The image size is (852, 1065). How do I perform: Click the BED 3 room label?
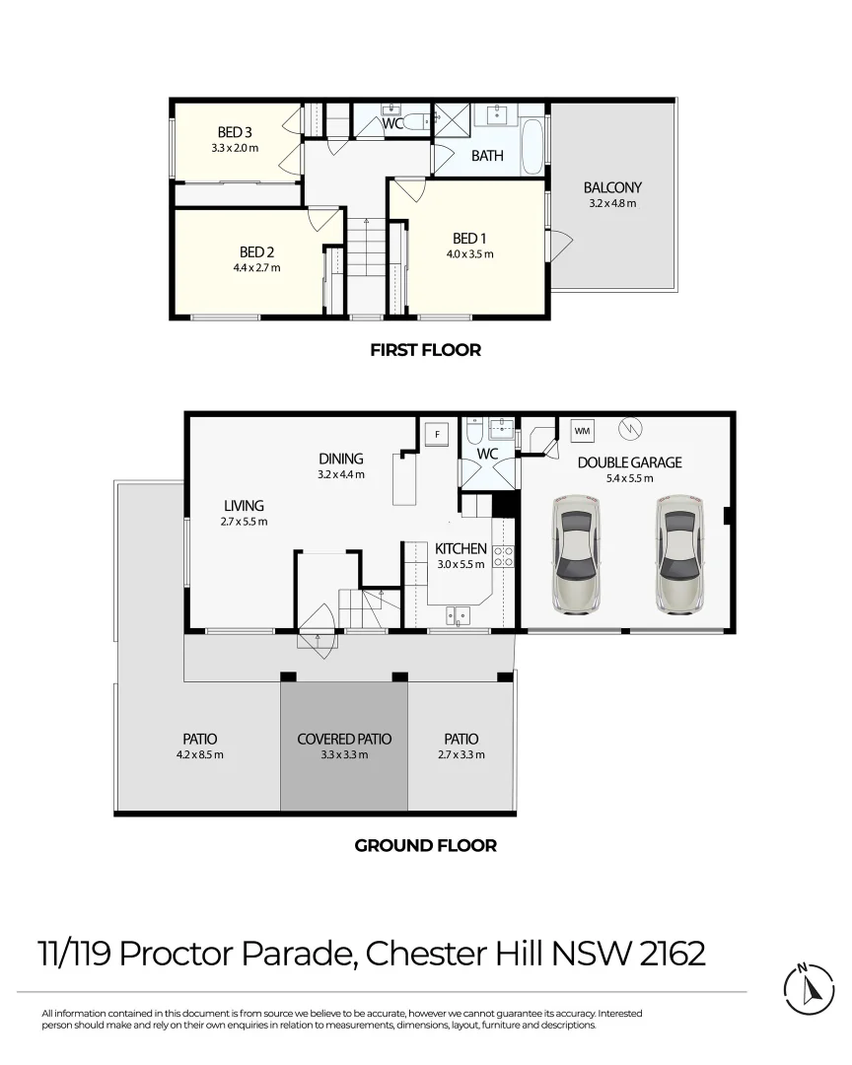click(235, 132)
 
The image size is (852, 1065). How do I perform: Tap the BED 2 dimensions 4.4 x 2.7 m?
click(255, 267)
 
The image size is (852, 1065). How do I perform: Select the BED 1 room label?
click(469, 238)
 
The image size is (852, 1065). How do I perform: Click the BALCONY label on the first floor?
click(612, 187)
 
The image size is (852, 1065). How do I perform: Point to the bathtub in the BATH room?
click(532, 146)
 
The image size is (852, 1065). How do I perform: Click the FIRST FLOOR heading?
click(425, 350)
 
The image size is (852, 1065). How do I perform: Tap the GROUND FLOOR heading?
click(425, 845)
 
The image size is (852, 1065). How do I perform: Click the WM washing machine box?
click(582, 431)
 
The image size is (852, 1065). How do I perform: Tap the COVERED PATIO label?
click(344, 739)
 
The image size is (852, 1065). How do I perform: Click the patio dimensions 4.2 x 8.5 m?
click(199, 755)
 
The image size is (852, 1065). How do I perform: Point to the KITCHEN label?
click(461, 548)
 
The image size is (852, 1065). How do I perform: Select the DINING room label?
click(341, 459)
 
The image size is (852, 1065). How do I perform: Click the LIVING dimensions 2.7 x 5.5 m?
click(244, 522)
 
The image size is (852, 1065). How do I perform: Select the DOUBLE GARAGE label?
click(629, 462)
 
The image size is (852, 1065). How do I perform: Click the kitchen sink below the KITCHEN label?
click(459, 616)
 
